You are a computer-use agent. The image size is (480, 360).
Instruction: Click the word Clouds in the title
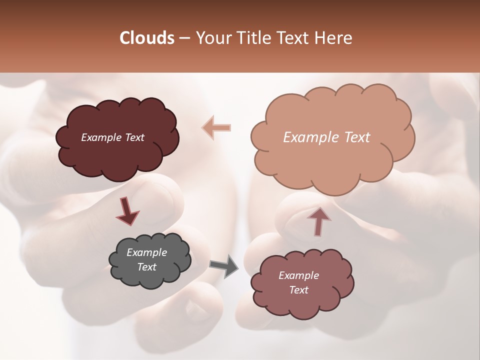(147, 38)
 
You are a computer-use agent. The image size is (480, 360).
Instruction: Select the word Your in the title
(212, 38)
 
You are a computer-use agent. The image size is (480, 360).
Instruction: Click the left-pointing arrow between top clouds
(216, 127)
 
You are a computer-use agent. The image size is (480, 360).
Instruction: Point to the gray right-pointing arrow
(224, 266)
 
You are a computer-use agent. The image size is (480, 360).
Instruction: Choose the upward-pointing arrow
(318, 220)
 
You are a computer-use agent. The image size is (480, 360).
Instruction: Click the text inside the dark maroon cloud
(112, 137)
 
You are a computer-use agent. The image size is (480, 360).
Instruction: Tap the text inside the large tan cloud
(326, 137)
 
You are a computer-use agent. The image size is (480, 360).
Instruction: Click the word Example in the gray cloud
(146, 252)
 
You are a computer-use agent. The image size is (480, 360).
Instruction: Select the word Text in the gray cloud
(146, 267)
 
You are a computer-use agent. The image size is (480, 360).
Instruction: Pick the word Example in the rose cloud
(298, 275)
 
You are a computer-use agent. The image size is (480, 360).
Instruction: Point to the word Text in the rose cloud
(298, 290)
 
